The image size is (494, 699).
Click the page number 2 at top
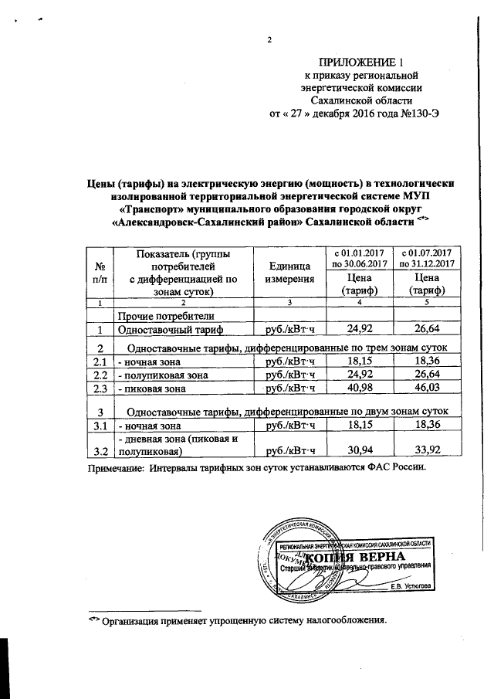point(270,40)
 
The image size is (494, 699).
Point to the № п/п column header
point(99,272)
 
